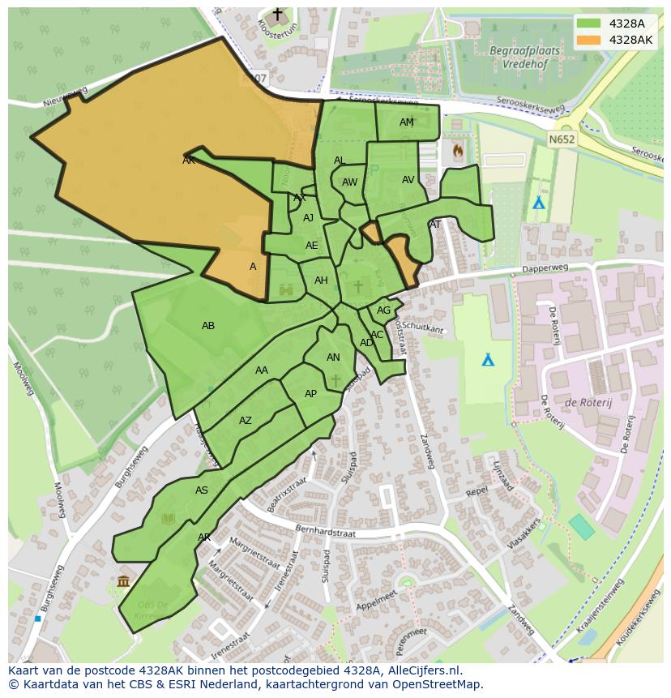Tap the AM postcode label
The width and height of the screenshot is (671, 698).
point(407,122)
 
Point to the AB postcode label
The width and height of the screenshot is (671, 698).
point(208,326)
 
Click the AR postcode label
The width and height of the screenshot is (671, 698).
point(204,537)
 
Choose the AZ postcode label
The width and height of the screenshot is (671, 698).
point(246,421)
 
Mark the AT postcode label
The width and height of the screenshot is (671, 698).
point(435,225)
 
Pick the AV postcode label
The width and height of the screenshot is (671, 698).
point(408,180)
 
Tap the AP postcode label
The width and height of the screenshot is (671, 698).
point(310,394)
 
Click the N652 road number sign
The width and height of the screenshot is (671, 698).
point(560,139)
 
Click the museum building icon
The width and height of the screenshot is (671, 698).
point(123,580)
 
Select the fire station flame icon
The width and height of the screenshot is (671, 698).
point(458,150)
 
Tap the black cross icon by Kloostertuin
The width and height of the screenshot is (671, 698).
point(278,15)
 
